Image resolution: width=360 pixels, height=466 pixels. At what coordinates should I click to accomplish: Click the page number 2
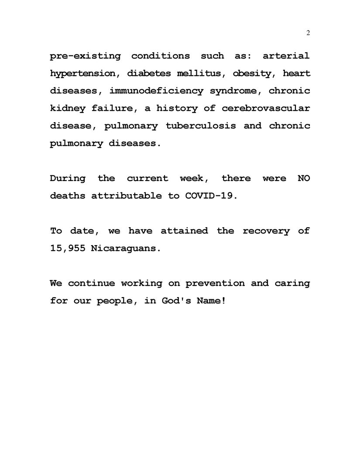tap(308, 33)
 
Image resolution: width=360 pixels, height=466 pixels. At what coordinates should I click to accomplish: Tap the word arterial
tap(286, 56)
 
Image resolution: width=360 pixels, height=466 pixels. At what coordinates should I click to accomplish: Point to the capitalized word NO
tap(304, 178)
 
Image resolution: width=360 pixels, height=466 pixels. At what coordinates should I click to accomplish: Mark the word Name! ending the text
tap(213, 301)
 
